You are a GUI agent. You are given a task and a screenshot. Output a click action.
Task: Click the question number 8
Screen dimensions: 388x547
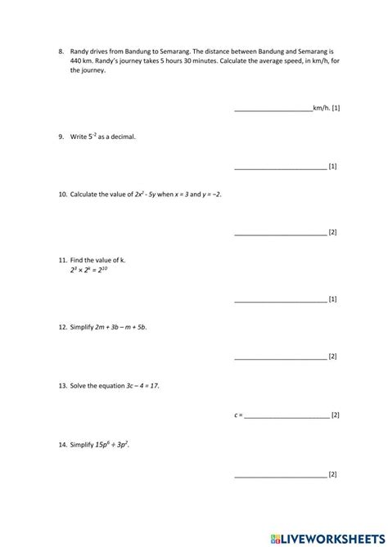pyautogui.click(x=61, y=51)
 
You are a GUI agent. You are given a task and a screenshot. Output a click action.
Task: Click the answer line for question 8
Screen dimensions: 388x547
pyautogui.click(x=273, y=110)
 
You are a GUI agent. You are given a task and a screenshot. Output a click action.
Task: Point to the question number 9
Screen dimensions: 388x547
pyautogui.click(x=61, y=137)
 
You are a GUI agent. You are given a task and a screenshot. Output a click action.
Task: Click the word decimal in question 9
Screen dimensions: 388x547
pyautogui.click(x=123, y=137)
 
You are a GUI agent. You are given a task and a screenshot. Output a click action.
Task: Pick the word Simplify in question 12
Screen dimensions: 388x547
pyautogui.click(x=83, y=327)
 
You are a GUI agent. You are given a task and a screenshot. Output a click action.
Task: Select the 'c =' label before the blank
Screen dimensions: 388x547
pyautogui.click(x=238, y=415)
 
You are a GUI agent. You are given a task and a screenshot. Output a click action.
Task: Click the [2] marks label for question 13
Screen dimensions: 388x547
pyautogui.click(x=336, y=415)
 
